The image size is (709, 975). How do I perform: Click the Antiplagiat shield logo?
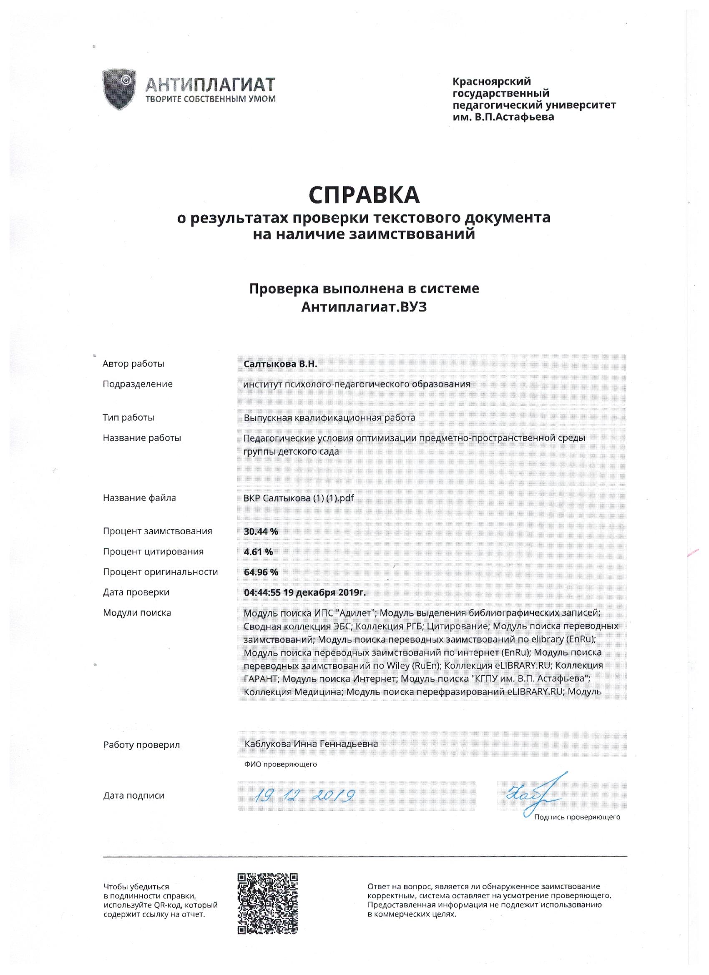(x=119, y=89)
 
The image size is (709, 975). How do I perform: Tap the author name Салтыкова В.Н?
(x=280, y=364)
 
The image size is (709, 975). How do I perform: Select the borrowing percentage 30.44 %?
(x=261, y=531)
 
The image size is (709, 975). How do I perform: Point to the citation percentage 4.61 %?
(x=259, y=552)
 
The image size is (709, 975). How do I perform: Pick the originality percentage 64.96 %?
(x=261, y=572)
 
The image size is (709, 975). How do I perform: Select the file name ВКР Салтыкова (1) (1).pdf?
(x=299, y=498)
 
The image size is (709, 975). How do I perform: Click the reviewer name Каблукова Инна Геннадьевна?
(x=311, y=744)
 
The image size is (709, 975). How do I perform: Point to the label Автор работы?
(x=133, y=364)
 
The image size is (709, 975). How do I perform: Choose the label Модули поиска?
(x=137, y=613)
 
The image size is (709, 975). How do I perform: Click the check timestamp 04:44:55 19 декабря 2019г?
(x=305, y=593)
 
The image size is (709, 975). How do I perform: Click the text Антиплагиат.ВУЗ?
(x=364, y=307)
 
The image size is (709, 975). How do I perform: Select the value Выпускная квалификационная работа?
(x=329, y=417)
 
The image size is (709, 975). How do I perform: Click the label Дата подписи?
(x=134, y=795)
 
